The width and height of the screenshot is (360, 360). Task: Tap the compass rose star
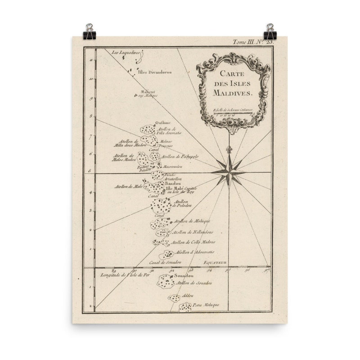coord(229,171)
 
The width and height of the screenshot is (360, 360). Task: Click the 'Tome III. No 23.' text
coord(252,41)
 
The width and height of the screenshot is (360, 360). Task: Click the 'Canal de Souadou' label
coord(166,262)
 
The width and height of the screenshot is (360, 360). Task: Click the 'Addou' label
coord(188,296)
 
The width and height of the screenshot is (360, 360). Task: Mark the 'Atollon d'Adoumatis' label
coord(195,252)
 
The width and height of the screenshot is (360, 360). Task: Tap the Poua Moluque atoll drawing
coord(185,307)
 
